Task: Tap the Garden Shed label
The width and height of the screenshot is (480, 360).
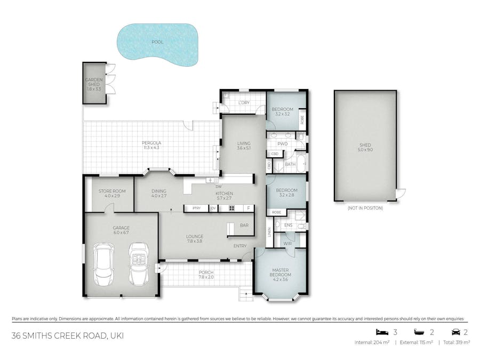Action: [x=94, y=84]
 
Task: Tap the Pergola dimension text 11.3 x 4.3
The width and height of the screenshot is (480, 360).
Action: [x=151, y=148]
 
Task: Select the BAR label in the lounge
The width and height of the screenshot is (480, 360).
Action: [x=244, y=226]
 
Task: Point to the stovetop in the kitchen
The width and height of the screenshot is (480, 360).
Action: [x=232, y=208]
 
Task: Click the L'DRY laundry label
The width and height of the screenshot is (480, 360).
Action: [x=244, y=102]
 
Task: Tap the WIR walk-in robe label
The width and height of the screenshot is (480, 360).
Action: [x=287, y=243]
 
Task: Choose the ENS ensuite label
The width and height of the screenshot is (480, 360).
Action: [x=288, y=226]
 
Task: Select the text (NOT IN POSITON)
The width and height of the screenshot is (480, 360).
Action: [x=365, y=208]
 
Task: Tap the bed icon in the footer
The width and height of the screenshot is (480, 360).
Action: [x=380, y=332]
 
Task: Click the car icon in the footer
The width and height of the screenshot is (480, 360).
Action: [x=455, y=332]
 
